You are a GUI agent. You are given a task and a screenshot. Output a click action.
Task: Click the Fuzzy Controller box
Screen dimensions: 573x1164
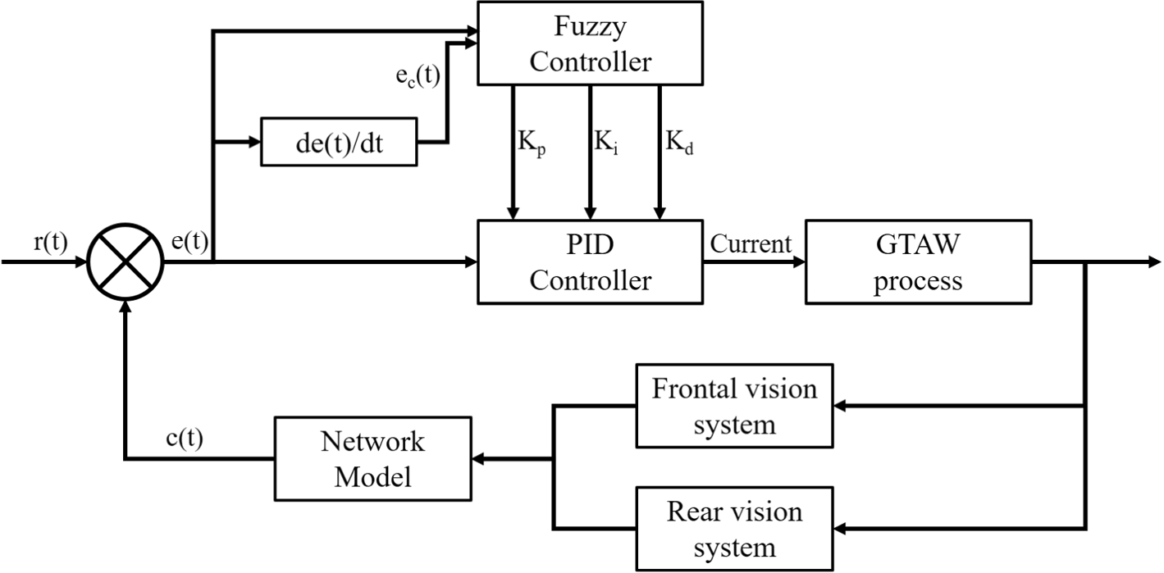(590, 43)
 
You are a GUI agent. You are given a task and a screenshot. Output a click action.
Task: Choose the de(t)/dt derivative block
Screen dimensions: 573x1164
(339, 142)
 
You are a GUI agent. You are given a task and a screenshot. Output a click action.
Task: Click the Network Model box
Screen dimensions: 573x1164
(373, 458)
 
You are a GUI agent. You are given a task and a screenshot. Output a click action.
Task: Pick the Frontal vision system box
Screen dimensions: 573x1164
(734, 406)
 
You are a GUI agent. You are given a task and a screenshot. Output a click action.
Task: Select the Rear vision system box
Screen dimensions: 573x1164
(734, 529)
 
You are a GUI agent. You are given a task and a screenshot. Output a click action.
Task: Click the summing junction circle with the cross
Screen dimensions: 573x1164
(125, 262)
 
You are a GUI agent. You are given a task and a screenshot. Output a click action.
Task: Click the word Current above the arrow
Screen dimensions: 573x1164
(751, 243)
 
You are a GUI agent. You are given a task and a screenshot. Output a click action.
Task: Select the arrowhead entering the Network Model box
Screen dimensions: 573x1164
(478, 458)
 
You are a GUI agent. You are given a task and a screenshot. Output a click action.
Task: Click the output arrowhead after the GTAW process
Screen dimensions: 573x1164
(1154, 262)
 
